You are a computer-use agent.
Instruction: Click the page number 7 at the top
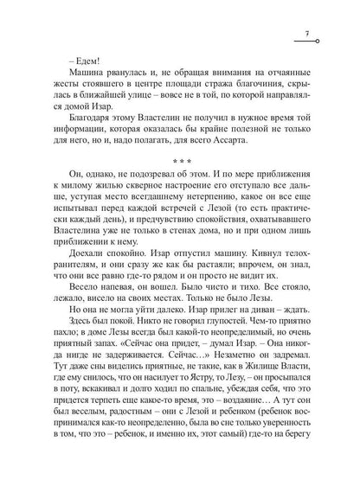coord(307,34)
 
